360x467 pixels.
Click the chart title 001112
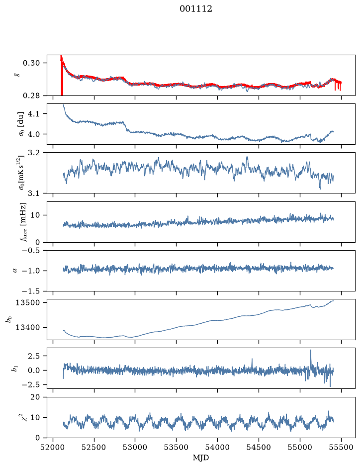[x=195, y=9]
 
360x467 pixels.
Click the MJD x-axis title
[x=201, y=458]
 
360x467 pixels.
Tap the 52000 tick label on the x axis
[x=53, y=447]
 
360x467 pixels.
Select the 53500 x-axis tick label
[x=177, y=447]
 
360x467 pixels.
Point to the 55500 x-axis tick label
[x=341, y=447]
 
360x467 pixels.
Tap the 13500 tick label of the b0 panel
[x=28, y=302]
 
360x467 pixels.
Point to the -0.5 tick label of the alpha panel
[x=30, y=250]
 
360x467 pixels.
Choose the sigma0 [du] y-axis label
[x=21, y=124]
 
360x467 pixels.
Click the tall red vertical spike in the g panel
[x=62, y=76]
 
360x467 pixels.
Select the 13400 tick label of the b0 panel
[x=28, y=327]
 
